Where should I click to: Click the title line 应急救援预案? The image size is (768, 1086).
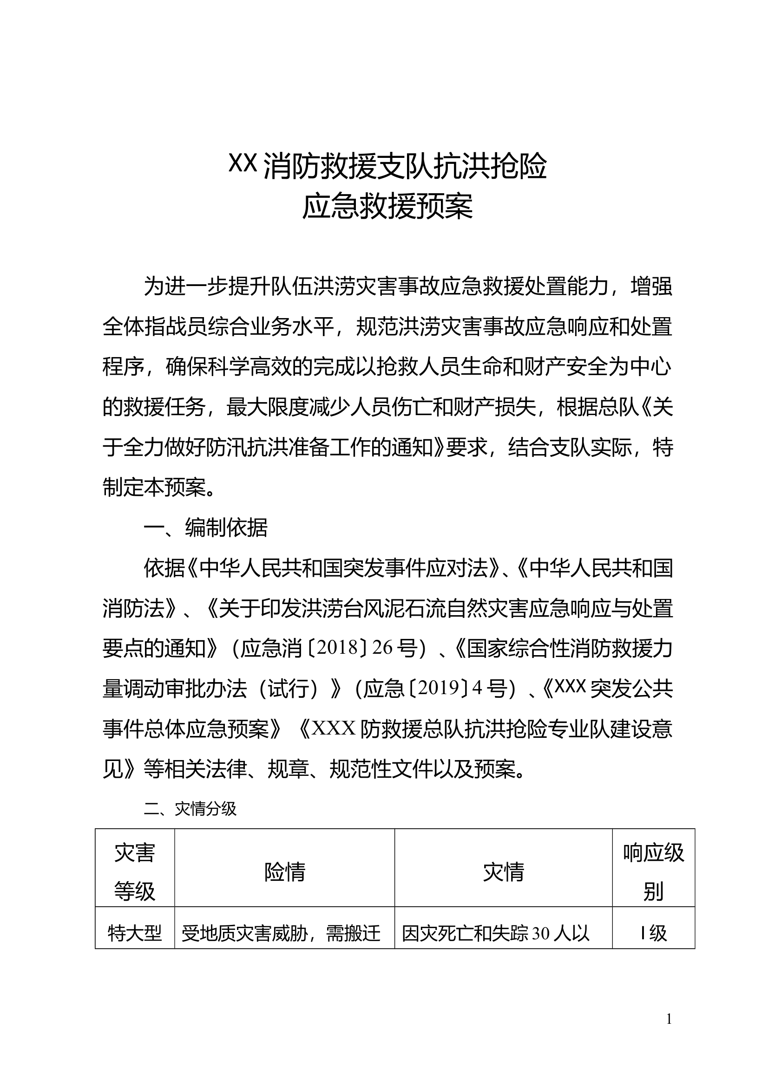(x=387, y=207)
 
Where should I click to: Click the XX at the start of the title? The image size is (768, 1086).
(x=243, y=163)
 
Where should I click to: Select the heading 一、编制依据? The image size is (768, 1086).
(x=206, y=528)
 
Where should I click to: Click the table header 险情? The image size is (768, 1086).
(x=284, y=872)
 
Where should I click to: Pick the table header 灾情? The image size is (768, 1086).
(x=504, y=872)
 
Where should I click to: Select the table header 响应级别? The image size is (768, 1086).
(x=654, y=872)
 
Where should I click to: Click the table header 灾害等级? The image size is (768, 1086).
(x=135, y=872)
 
